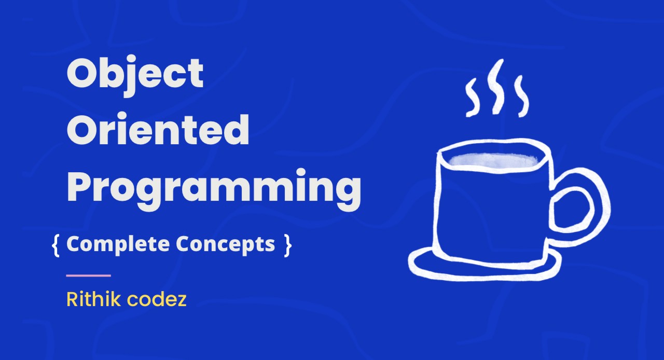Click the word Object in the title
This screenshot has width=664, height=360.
click(x=135, y=74)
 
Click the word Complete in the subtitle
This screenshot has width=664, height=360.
click(x=118, y=244)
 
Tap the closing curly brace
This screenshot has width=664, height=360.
click(x=288, y=244)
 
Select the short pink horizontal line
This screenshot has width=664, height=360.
click(x=89, y=275)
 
